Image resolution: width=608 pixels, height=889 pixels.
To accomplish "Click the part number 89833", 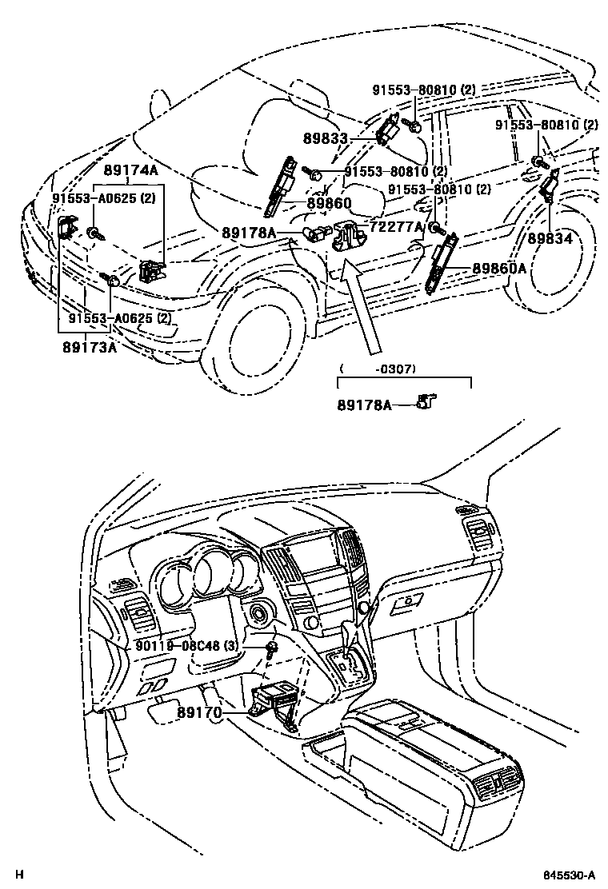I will tap(326, 139).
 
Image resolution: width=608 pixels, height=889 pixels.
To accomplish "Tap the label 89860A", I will tap(498, 269).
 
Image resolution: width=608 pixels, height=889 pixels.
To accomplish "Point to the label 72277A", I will tap(397, 226).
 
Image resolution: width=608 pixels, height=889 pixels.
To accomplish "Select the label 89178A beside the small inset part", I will tap(363, 405).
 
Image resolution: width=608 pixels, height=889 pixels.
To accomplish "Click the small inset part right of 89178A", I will tap(429, 401).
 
